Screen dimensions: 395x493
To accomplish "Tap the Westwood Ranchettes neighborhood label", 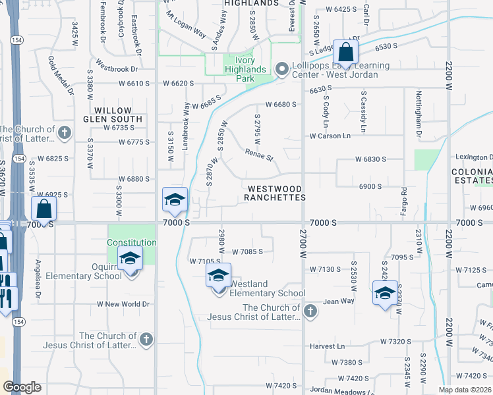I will pyautogui.click(x=276, y=193).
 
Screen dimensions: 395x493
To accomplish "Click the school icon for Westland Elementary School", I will pyautogui.click(x=218, y=277).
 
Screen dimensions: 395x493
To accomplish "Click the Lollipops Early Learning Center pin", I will pyautogui.click(x=282, y=68).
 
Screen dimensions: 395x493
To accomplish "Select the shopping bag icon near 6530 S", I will pyautogui.click(x=345, y=53).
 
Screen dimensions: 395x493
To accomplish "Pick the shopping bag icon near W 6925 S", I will pyautogui.click(x=43, y=209).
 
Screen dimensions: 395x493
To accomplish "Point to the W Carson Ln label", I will pyautogui.click(x=330, y=136).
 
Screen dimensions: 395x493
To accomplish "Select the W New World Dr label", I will pyautogui.click(x=123, y=304).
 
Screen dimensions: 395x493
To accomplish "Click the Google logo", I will pyautogui.click(x=22, y=387).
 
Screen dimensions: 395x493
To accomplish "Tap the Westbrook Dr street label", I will pyautogui.click(x=116, y=68).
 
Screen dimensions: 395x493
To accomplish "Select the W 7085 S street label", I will pyautogui.click(x=247, y=251).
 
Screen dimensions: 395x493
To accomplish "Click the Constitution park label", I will pyautogui.click(x=132, y=242).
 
